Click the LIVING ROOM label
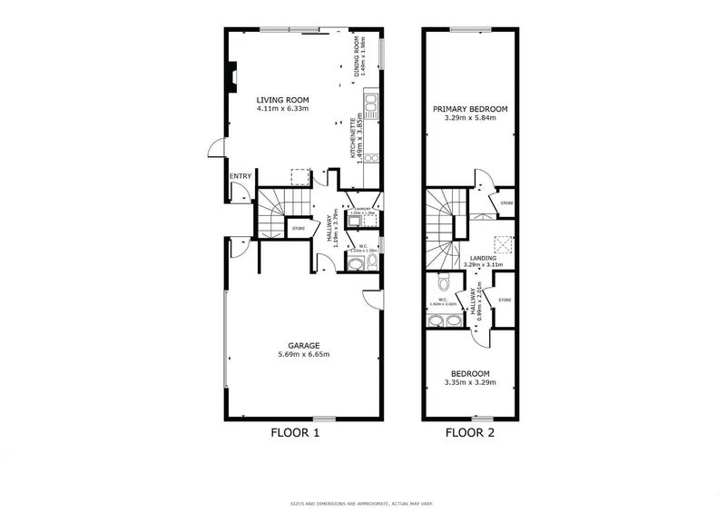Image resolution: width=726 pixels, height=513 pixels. click(x=283, y=100)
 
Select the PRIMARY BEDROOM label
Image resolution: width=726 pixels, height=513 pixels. click(x=469, y=108)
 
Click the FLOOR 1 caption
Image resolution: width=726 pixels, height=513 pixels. click(x=295, y=433)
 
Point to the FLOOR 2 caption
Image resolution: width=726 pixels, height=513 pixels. click(x=469, y=433)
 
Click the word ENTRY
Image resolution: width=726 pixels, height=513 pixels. click(x=240, y=176)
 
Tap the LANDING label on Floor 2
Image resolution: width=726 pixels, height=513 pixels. click(x=481, y=258)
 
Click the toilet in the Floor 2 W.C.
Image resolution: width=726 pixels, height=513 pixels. click(x=442, y=281)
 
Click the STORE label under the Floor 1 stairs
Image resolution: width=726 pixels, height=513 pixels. click(x=298, y=228)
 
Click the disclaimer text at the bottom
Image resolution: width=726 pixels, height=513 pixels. click(x=363, y=502)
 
